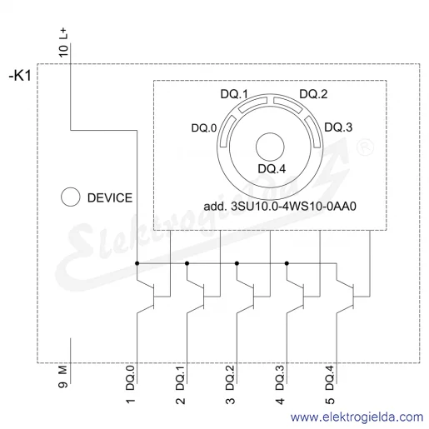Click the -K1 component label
[x=20, y=76]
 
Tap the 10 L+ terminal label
[x=63, y=42]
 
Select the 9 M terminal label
[x=63, y=377]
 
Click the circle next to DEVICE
[x=71, y=197]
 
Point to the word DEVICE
[x=110, y=198]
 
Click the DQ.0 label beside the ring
[x=204, y=128]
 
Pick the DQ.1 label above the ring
[x=234, y=94]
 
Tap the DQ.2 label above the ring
[x=313, y=94]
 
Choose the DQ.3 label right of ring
[x=338, y=127]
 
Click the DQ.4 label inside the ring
[x=272, y=169]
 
